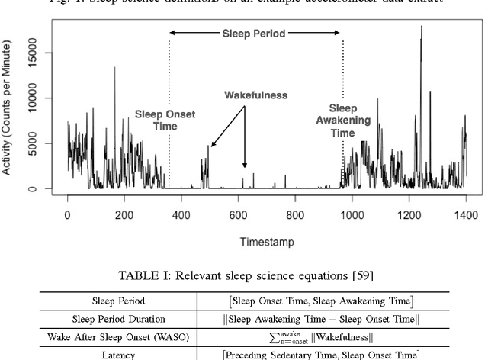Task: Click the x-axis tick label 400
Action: (x=181, y=216)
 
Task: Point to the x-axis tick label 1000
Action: (x=352, y=216)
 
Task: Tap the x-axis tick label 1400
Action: (x=466, y=216)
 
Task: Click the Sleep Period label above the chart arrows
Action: (x=255, y=34)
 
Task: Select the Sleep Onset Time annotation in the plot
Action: (x=160, y=120)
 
